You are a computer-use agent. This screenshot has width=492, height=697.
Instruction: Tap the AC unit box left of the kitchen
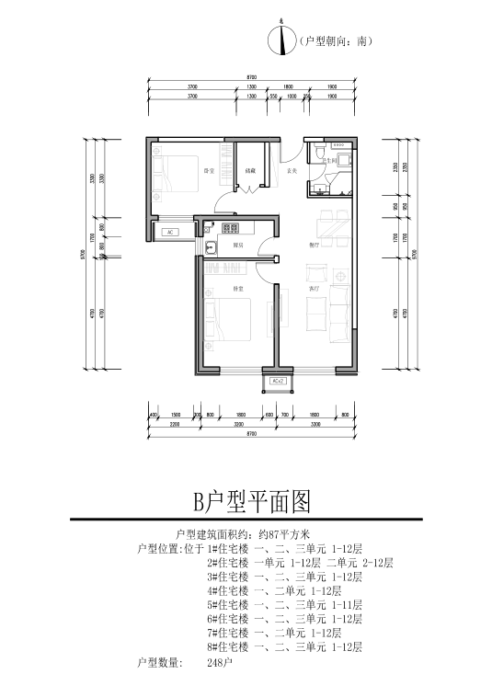171,233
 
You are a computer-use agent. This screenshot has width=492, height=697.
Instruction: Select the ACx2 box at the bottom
278,381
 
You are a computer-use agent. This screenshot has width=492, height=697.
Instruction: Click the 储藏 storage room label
250,170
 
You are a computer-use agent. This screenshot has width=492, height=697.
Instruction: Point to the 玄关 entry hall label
292,170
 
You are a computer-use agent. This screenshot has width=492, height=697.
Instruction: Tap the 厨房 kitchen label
237,245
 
